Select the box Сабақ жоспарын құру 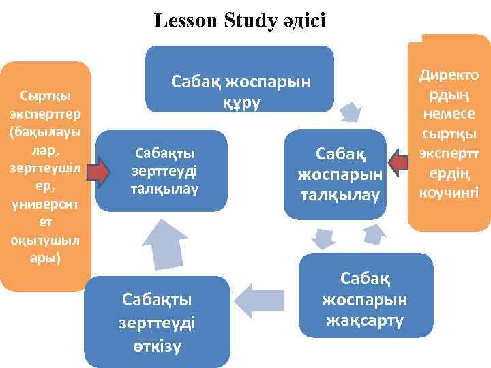[x=239, y=80]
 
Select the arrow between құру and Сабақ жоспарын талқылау [x=352, y=111]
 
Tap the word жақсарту [x=365, y=320]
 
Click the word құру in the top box [x=239, y=102]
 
